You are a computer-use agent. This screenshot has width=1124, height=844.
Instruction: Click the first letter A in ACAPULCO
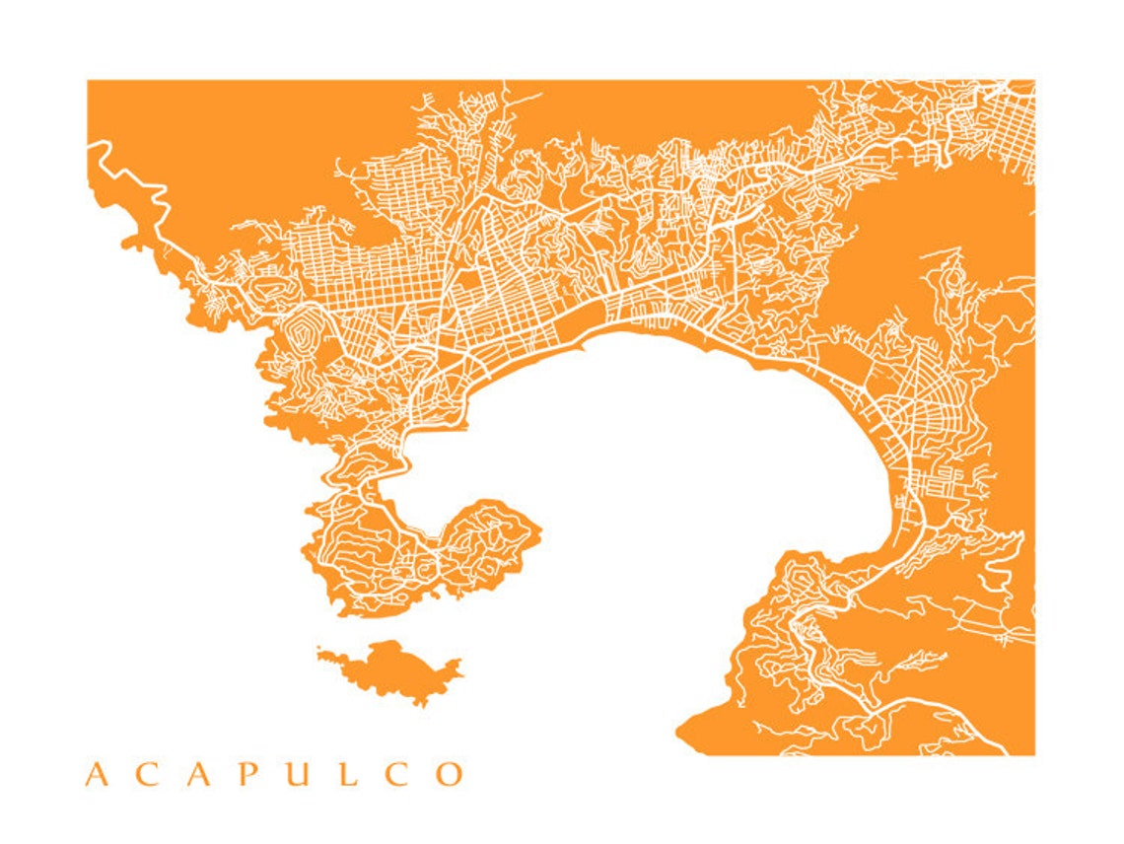96,774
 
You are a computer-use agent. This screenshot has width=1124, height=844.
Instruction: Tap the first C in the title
146,774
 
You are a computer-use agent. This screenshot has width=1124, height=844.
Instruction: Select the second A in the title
197,774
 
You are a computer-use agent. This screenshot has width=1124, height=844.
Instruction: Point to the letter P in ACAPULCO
247,774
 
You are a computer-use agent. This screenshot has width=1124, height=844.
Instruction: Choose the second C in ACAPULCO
394,774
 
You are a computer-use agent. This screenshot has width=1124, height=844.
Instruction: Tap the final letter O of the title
449,774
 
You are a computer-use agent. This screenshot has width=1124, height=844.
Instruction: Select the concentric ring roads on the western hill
307,324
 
